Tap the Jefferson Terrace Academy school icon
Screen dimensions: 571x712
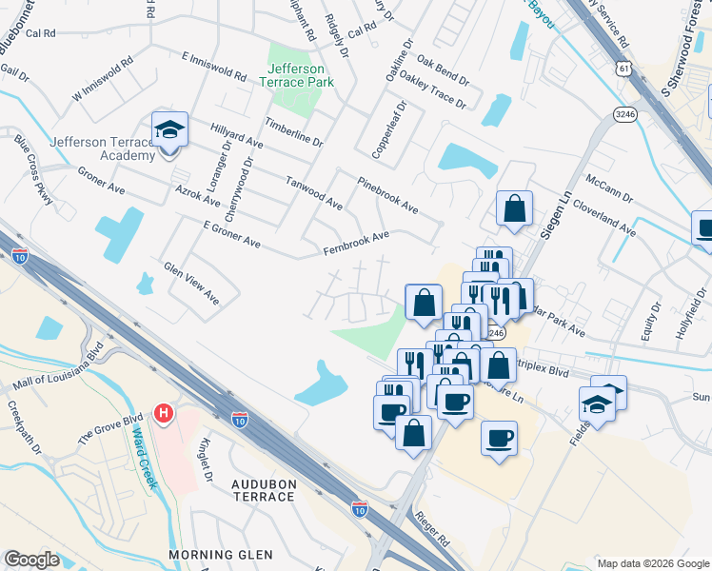tap(169, 129)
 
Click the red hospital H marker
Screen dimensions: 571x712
tap(165, 414)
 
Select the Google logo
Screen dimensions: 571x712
tap(31, 560)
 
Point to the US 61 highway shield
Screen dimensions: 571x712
tap(623, 69)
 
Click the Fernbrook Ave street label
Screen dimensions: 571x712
tap(356, 243)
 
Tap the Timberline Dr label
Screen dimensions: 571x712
tap(294, 131)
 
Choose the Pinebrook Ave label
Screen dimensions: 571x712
tap(387, 194)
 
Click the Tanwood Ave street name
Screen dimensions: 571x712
tap(314, 191)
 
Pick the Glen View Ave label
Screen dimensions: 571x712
tap(191, 284)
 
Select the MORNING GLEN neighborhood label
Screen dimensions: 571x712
tap(221, 554)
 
